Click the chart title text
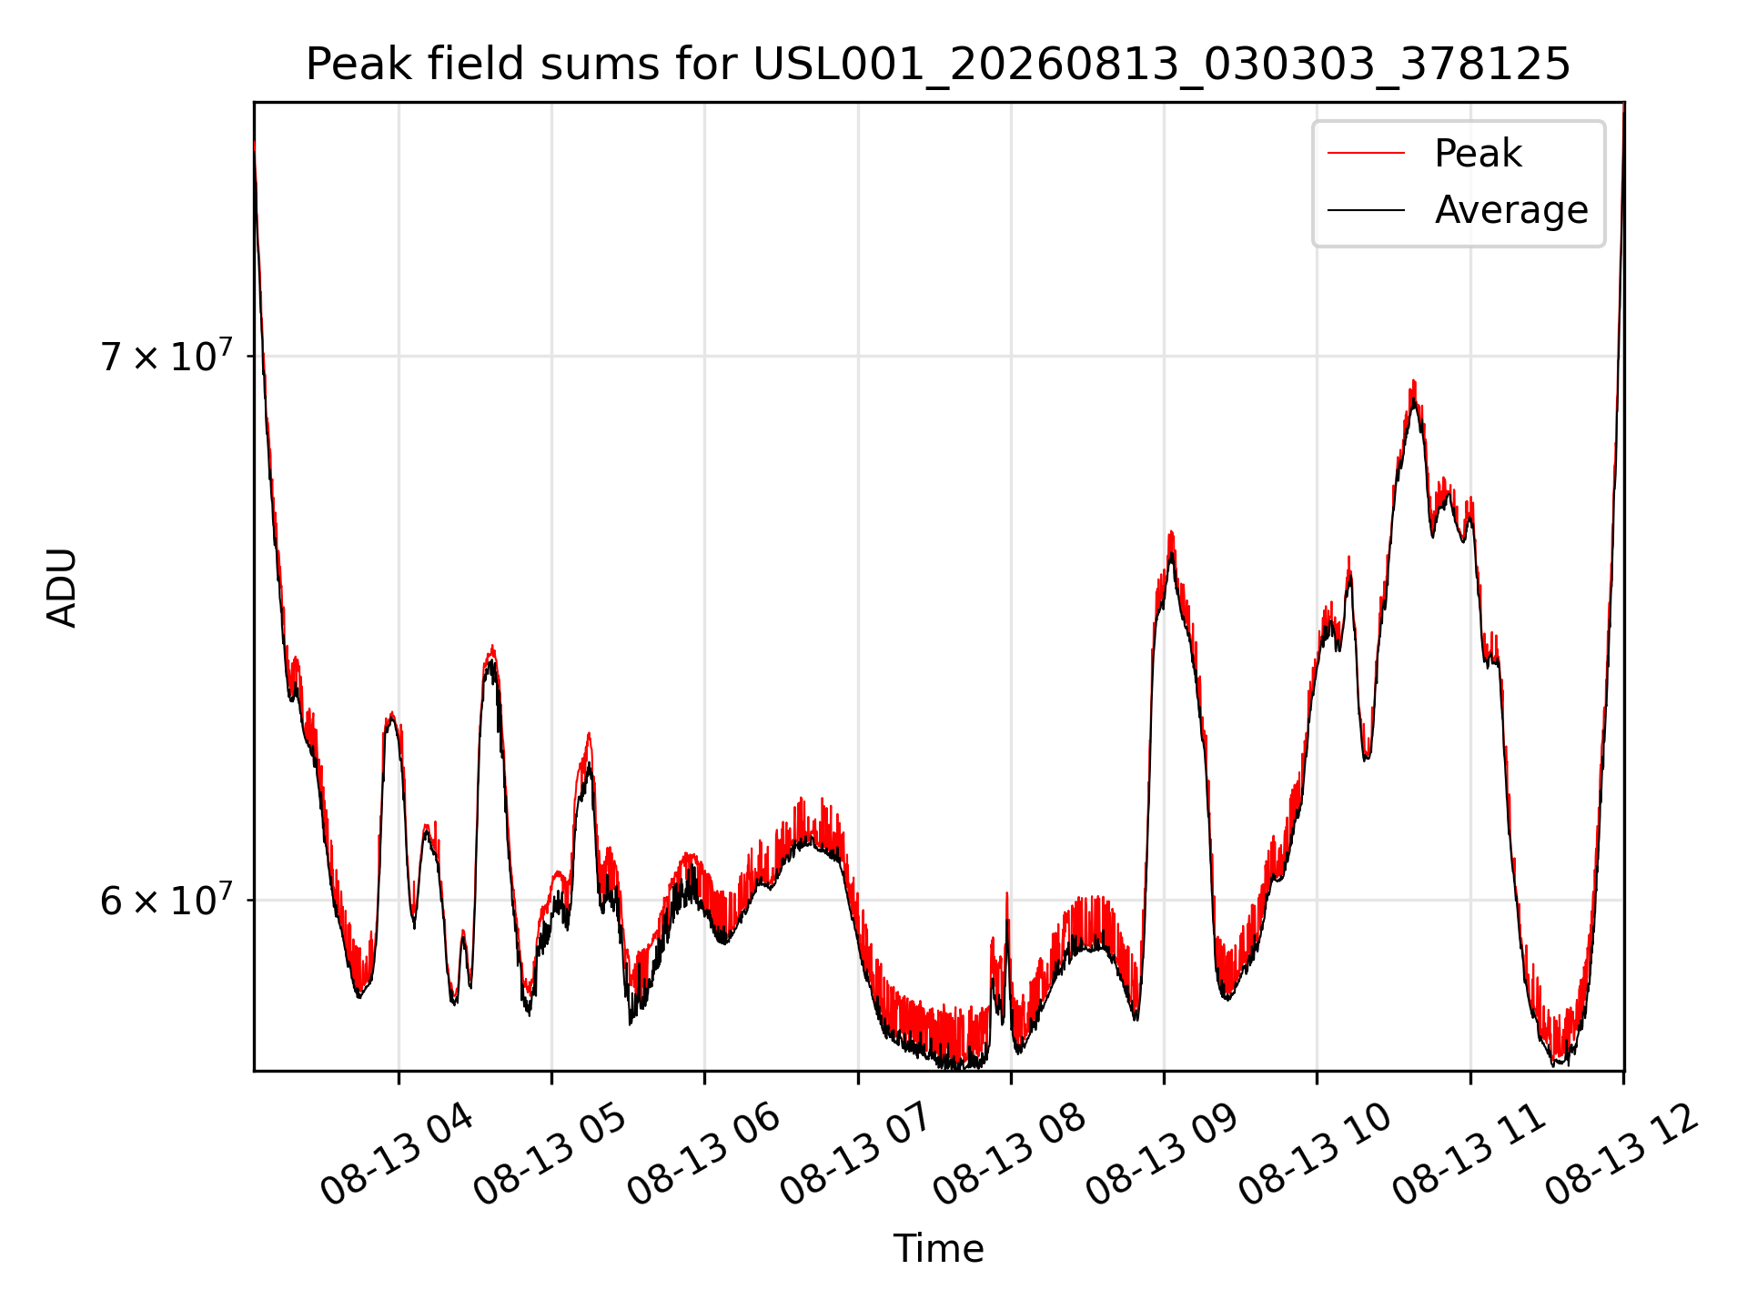pos(938,65)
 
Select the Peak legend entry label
pos(1478,154)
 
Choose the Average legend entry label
pos(1511,210)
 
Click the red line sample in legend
pos(1366,154)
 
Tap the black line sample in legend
pos(1366,210)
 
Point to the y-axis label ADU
pos(62,587)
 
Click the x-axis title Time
pos(938,1249)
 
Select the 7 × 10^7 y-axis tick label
pos(167,355)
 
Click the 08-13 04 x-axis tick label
pos(397,1155)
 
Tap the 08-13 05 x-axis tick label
pos(550,1155)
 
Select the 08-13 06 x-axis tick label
pos(703,1155)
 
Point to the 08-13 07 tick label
pos(856,1155)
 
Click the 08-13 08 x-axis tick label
pos(1009,1155)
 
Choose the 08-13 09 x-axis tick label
pos(1162,1155)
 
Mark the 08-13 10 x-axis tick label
pos(1316,1155)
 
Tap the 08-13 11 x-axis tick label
pos(1469,1155)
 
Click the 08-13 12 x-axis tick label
pos(1622,1155)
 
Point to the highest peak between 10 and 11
pos(1414,382)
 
